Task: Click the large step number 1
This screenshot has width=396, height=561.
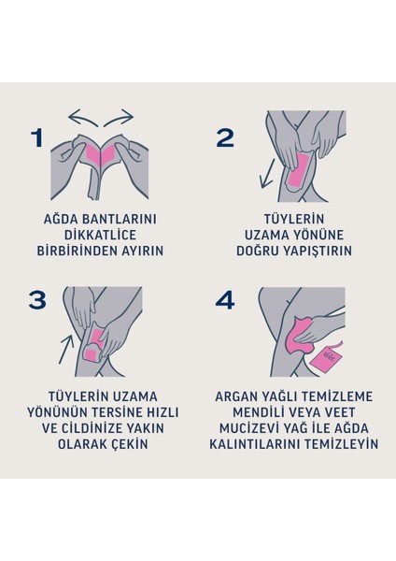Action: [37, 137]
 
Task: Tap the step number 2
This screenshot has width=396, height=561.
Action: [225, 137]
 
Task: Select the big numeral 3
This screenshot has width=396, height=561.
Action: [37, 299]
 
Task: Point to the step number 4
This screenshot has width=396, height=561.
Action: [225, 299]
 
